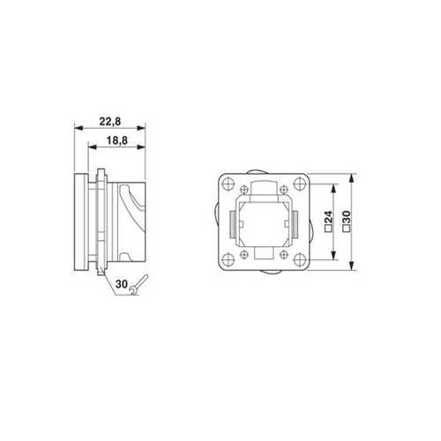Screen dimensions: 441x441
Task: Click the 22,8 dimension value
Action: (x=109, y=121)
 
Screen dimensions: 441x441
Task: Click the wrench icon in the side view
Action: (x=137, y=283)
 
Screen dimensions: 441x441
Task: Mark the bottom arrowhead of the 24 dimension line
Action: (x=334, y=257)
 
